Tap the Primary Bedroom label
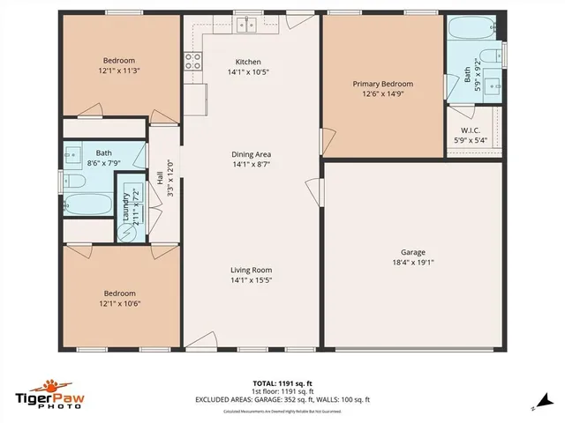click(x=383, y=84)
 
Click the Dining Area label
click(x=252, y=153)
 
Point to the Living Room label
click(x=252, y=270)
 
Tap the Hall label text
click(x=160, y=178)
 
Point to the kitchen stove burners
click(x=191, y=61)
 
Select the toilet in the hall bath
click(x=74, y=182)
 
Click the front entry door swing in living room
click(x=200, y=339)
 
